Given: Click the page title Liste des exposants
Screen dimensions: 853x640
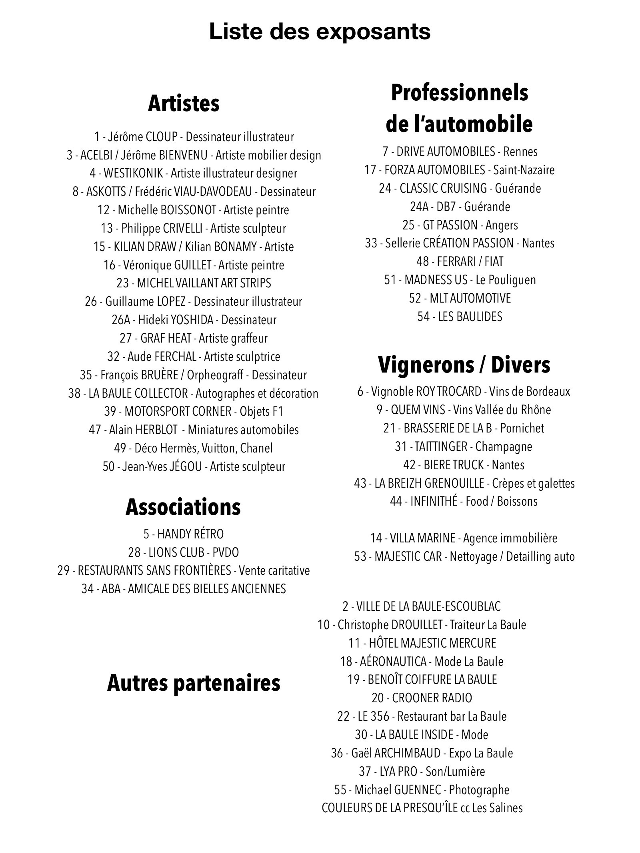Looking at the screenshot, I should [320, 32].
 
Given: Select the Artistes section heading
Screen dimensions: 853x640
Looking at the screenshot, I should [184, 104].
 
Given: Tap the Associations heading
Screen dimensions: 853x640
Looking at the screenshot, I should [183, 507].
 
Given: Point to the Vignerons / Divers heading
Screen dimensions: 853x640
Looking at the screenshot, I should [464, 365].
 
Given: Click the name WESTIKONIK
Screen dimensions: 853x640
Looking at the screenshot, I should [133, 173].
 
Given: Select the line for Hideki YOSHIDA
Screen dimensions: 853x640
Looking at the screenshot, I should [194, 320].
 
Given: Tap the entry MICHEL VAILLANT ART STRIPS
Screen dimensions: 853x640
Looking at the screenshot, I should [194, 283].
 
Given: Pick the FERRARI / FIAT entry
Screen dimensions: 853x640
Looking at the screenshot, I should [460, 261].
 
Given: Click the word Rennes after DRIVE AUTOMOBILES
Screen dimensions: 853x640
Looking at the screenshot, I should [520, 151].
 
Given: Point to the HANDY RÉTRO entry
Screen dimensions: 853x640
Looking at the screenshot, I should [184, 534].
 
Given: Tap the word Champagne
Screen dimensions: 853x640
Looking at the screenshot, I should [504, 446].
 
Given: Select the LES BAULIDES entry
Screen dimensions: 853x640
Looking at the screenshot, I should [460, 317].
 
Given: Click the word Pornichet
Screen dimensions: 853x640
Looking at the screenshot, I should [522, 428].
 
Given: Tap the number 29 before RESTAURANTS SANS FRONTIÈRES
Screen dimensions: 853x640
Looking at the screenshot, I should [64, 570].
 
